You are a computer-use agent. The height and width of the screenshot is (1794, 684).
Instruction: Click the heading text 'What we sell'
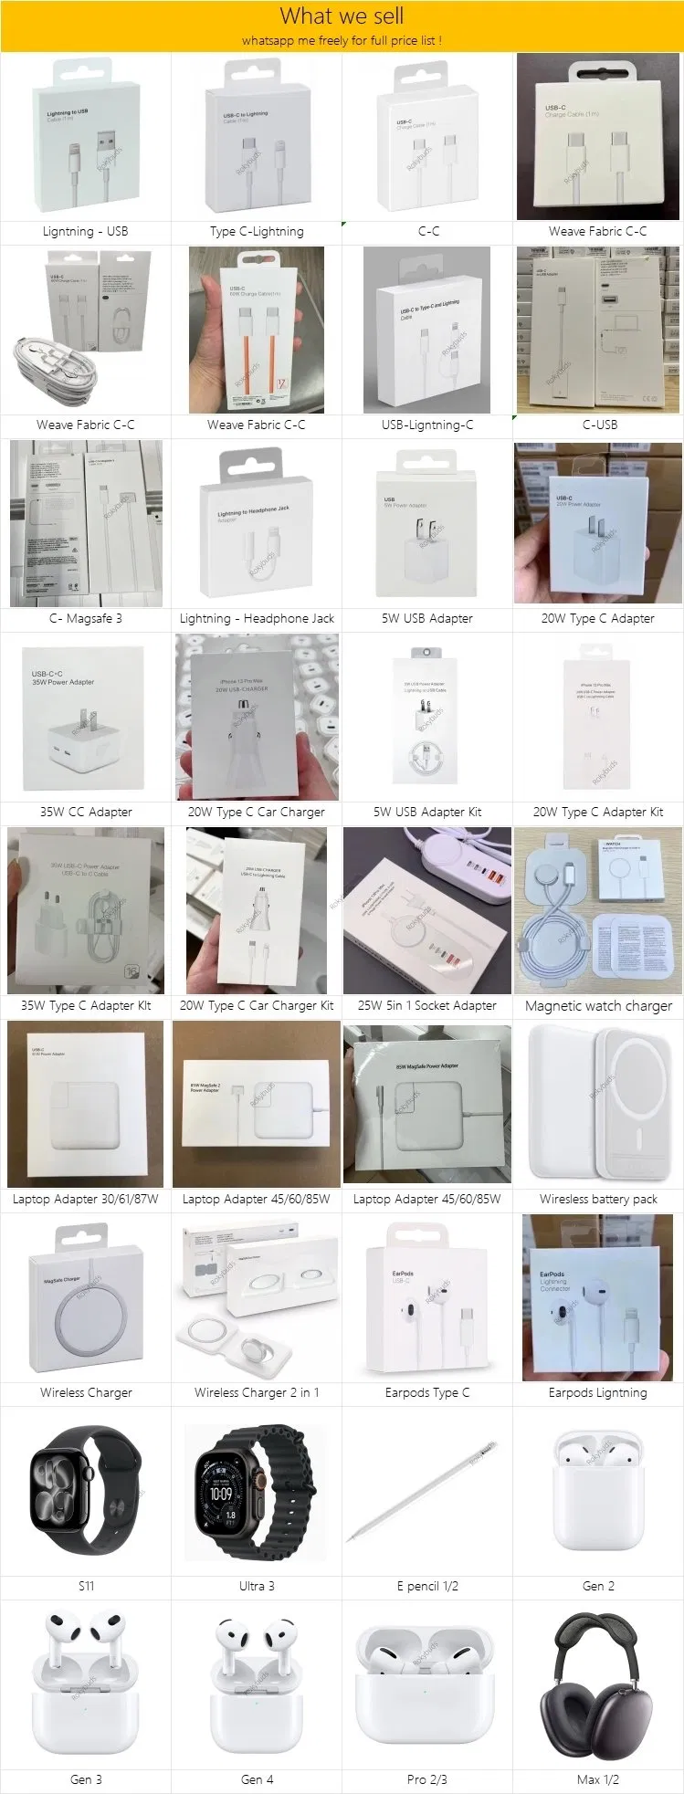(x=342, y=16)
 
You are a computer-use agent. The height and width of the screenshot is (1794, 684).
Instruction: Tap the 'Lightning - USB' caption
(x=85, y=232)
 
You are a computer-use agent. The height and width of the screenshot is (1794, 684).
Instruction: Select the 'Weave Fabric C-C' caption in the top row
(x=597, y=232)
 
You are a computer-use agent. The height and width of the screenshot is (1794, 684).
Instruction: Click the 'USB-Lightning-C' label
(x=427, y=425)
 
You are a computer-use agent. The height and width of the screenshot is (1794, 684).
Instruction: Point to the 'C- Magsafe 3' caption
(x=85, y=619)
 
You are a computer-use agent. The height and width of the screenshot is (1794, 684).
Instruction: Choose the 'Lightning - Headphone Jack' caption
(x=257, y=619)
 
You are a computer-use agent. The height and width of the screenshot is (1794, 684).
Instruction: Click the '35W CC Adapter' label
(x=86, y=813)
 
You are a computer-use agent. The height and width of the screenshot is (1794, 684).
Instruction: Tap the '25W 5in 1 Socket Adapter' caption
(x=427, y=1006)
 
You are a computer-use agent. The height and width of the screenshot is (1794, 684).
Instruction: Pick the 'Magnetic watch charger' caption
(x=598, y=1006)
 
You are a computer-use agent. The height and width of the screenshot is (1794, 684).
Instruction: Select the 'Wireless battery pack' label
(x=598, y=1200)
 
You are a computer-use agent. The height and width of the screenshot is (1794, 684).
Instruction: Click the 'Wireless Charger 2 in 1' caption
(x=257, y=1393)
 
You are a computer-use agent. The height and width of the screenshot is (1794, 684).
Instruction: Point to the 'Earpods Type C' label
(x=427, y=1393)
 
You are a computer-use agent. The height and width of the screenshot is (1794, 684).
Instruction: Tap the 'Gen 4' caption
(x=257, y=1779)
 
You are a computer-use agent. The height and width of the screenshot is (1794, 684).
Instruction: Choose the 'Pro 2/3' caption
(x=427, y=1779)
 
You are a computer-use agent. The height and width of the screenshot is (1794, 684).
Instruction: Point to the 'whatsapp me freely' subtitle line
(x=342, y=41)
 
